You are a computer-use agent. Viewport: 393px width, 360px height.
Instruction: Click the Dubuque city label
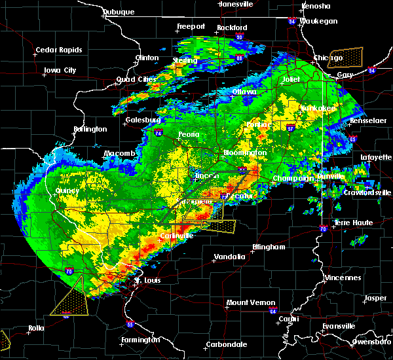(x=119, y=12)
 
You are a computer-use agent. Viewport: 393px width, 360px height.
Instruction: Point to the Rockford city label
(x=233, y=27)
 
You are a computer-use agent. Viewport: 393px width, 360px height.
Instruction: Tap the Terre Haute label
(x=354, y=223)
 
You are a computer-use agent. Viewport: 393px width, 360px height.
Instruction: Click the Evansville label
(x=339, y=325)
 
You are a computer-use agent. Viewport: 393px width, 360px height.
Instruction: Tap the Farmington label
(x=141, y=340)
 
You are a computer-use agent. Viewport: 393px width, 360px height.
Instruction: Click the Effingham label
(x=269, y=247)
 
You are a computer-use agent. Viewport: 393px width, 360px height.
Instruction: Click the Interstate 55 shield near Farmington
(x=130, y=324)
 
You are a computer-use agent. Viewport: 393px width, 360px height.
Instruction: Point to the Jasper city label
(x=375, y=298)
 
